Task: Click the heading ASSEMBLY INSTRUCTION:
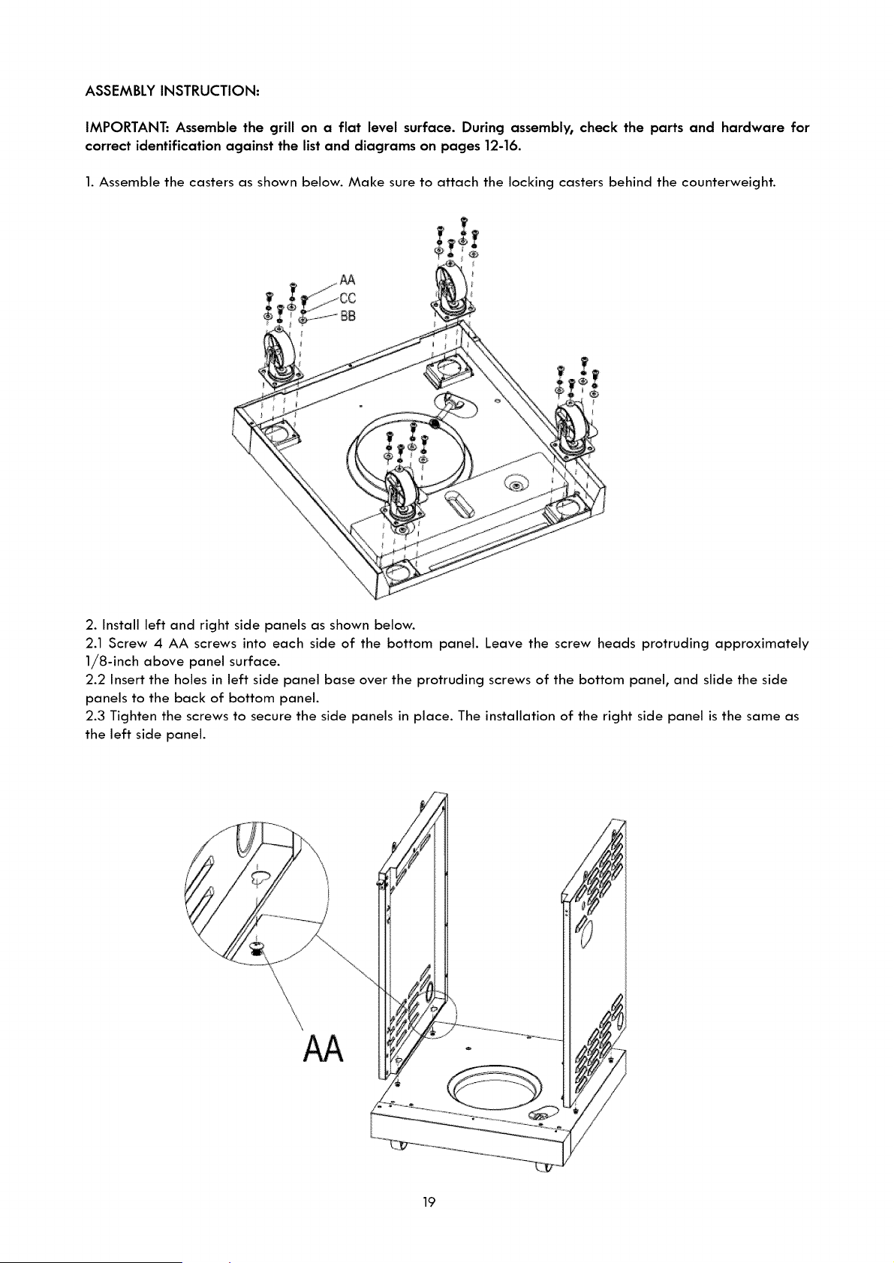[172, 91]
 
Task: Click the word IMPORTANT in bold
[126, 128]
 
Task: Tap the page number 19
[429, 1202]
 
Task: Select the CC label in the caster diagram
[348, 298]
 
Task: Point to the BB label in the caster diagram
[348, 317]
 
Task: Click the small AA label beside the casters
[348, 280]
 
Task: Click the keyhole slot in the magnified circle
[260, 877]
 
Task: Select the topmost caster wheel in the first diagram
[453, 287]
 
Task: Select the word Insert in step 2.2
[128, 680]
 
